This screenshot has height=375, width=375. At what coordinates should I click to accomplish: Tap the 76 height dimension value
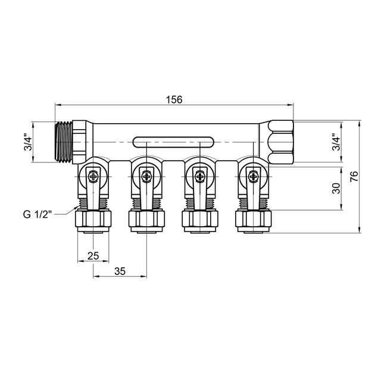(354, 177)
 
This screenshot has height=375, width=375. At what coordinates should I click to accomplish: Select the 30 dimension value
(336, 188)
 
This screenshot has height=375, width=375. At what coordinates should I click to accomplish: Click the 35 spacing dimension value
(119, 271)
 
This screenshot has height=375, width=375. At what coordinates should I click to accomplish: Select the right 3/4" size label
(336, 143)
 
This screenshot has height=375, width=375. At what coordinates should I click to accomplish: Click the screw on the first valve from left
(95, 176)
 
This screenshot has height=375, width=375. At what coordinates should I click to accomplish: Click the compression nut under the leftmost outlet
(93, 221)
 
